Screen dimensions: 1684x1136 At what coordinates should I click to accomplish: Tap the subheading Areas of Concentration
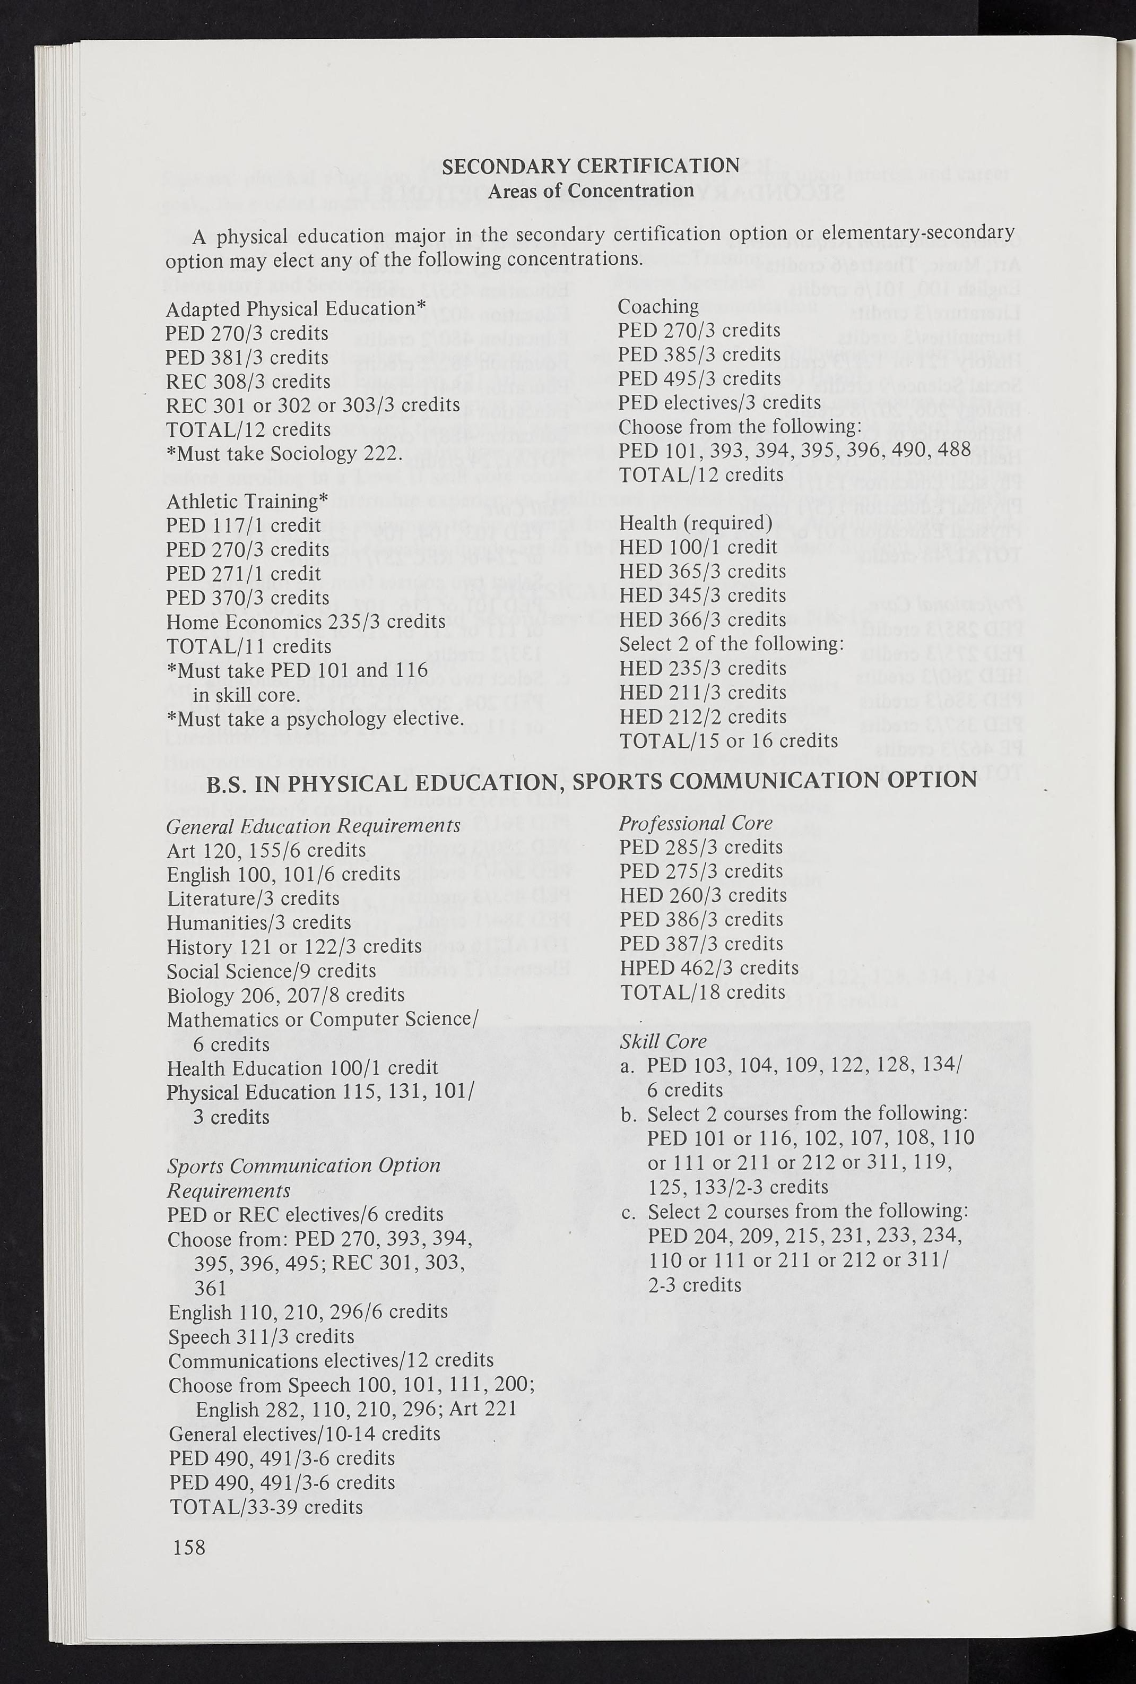pyautogui.click(x=591, y=191)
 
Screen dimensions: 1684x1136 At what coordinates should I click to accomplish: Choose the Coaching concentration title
pyautogui.click(x=658, y=307)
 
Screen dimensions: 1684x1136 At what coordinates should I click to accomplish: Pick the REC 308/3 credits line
pyautogui.click(x=248, y=381)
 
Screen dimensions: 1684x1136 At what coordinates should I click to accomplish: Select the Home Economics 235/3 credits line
pyautogui.click(x=306, y=621)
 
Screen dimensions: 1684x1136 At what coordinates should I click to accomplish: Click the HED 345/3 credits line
pyautogui.click(x=702, y=595)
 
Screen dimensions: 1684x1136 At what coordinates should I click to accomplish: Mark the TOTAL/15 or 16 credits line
pyautogui.click(x=728, y=740)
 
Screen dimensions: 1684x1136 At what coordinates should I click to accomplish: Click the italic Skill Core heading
pyautogui.click(x=662, y=1041)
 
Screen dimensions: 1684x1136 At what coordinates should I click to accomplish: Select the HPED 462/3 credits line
pyautogui.click(x=708, y=968)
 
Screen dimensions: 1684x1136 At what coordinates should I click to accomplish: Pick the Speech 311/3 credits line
pyautogui.click(x=262, y=1336)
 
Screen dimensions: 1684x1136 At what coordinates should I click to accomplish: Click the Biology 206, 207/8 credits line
pyautogui.click(x=285, y=995)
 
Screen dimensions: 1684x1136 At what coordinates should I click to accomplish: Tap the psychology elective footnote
pyautogui.click(x=315, y=719)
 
